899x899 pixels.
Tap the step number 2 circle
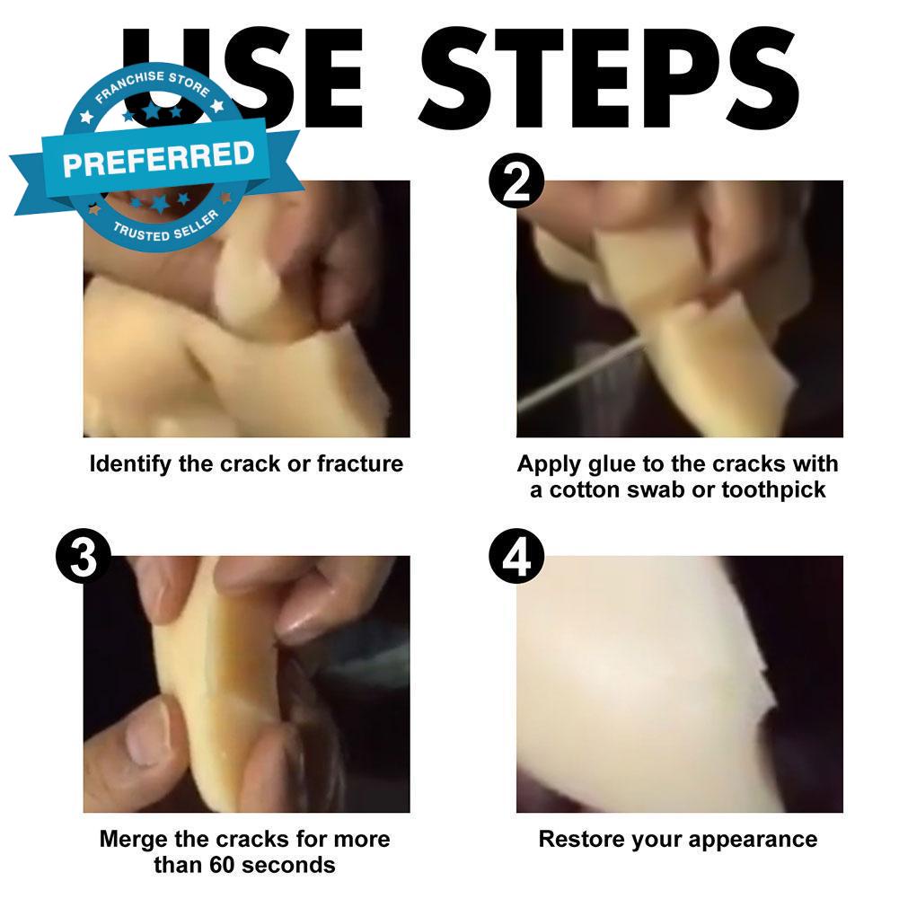coord(516,181)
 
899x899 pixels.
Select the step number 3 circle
coord(84,556)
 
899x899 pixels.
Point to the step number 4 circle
coord(516,556)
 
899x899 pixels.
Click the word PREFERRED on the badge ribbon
coord(159,159)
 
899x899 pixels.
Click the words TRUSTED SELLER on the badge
coord(166,226)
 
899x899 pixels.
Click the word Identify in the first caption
coord(130,464)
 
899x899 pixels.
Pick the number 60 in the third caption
coord(221,865)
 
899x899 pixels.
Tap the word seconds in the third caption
coord(287,865)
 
